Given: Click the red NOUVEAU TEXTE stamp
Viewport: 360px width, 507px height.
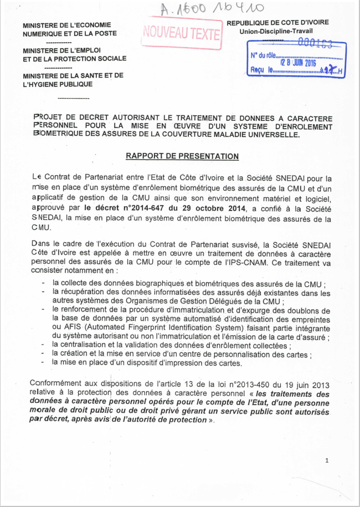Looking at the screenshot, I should [182, 33].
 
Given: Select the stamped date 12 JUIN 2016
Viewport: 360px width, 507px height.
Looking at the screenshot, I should [299, 63].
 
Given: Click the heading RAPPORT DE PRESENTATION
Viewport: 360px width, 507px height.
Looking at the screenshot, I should [182, 156].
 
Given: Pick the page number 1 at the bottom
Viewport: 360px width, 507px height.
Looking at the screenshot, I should [328, 460].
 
